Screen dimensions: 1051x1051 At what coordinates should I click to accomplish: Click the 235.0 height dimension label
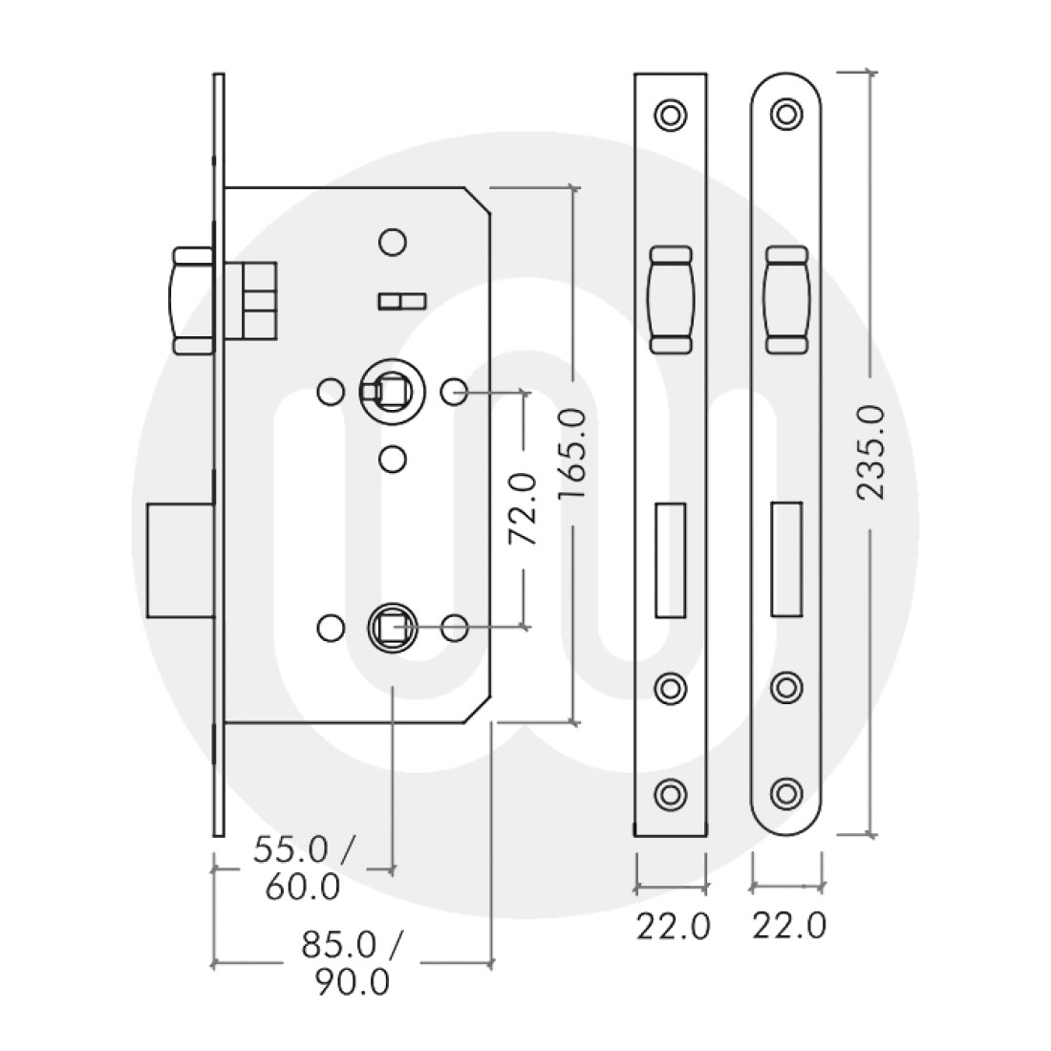871,452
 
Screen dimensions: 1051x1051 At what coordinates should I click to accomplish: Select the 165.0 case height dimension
574,452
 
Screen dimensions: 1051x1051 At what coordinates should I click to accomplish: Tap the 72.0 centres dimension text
524,510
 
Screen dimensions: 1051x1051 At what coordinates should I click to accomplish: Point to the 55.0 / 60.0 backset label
303,868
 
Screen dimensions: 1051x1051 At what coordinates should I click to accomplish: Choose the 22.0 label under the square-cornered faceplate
674,926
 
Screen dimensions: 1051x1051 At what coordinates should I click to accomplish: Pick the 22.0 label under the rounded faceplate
788,926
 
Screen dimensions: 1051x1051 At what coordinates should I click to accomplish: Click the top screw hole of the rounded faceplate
786,114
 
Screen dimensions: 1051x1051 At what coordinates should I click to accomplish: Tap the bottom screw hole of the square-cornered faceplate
671,792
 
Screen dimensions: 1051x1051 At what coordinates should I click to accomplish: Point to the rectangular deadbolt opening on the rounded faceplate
786,560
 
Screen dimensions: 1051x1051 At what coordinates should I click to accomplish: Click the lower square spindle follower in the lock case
390,627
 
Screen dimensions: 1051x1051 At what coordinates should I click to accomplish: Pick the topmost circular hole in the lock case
390,242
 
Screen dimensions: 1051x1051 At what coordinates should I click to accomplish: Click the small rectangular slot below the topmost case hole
402,302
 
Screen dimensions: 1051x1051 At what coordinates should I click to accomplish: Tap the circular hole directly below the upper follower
390,459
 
